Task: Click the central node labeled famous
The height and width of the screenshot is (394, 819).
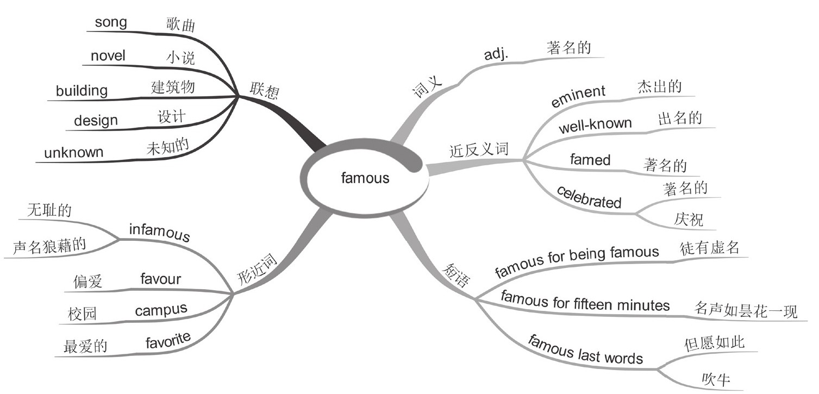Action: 365,178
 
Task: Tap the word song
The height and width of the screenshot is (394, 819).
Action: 111,22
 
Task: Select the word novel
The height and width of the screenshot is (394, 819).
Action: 108,55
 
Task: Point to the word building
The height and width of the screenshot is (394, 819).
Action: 82,90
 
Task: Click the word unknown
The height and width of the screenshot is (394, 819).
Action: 73,153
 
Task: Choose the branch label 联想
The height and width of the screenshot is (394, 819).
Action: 265,91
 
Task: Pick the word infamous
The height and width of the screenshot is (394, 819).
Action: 159,233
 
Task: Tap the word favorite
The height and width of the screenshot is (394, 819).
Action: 168,341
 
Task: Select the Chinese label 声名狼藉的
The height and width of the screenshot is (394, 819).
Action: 49,247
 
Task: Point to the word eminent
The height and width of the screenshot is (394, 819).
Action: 578,97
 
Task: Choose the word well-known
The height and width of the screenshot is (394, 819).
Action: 596,127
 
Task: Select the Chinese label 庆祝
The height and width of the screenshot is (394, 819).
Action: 689,219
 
